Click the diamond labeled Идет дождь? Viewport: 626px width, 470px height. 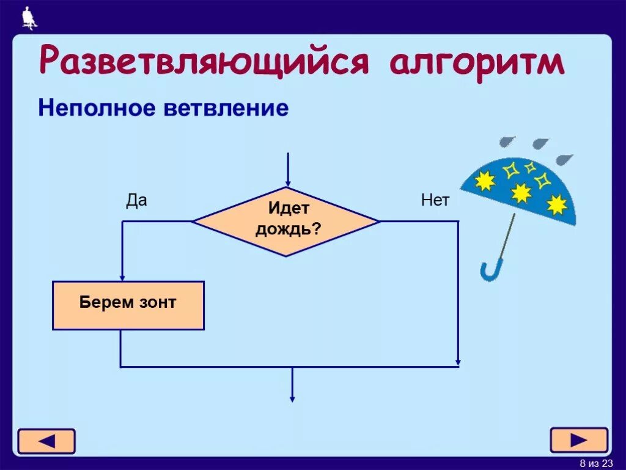286,221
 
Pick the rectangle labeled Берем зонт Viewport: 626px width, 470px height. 128,305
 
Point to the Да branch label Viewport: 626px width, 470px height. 136,200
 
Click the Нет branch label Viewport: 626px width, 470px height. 435,200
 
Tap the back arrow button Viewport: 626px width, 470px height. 46,441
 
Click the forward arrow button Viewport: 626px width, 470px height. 579,440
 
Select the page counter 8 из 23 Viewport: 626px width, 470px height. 596,462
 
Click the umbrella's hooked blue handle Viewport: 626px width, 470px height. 491,272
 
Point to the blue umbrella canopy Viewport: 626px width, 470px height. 520,190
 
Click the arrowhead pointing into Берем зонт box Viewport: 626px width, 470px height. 122,277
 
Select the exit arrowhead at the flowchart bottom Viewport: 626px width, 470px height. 292,398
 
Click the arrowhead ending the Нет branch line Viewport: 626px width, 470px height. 458,362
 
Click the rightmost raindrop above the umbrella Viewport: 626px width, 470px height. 564,160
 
